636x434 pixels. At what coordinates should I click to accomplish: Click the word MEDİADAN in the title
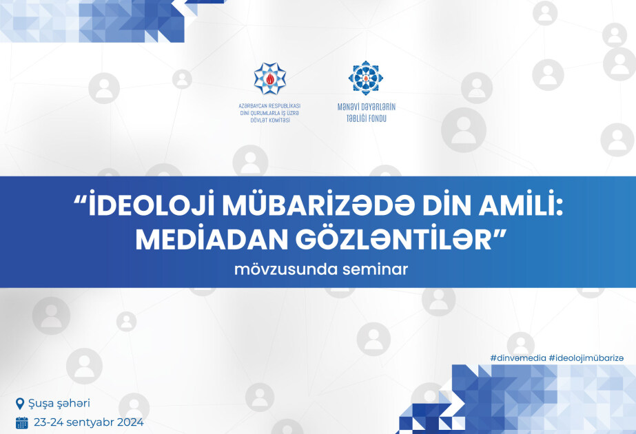(x=212, y=239)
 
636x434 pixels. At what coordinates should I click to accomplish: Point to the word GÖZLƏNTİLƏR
(x=393, y=239)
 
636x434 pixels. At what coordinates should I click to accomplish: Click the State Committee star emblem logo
(x=269, y=79)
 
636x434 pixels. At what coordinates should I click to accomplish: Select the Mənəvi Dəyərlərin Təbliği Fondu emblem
(x=366, y=77)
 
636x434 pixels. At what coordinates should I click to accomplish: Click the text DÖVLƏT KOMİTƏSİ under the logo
(x=270, y=121)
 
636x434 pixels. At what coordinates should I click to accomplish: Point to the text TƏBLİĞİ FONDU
(x=367, y=118)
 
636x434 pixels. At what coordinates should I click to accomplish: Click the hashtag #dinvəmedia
(x=517, y=358)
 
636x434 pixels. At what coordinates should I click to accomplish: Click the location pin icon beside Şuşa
(x=19, y=404)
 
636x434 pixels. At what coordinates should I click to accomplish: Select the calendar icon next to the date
(x=22, y=423)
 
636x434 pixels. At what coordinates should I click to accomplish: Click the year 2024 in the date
(x=130, y=423)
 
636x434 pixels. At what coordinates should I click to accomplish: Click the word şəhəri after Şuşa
(x=74, y=404)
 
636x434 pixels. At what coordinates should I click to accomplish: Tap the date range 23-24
(x=48, y=423)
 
